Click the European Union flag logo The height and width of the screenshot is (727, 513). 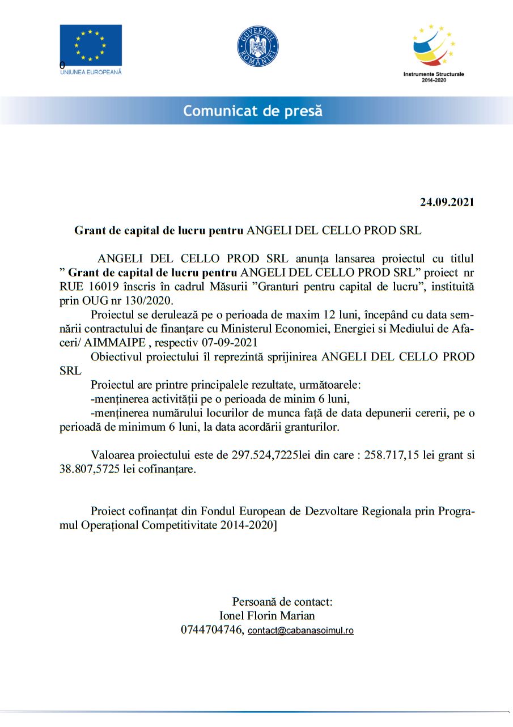click(x=91, y=45)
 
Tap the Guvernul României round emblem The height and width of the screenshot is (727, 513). click(x=257, y=47)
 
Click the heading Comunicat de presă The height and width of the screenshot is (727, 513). click(x=253, y=111)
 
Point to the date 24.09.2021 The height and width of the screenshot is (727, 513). click(x=447, y=202)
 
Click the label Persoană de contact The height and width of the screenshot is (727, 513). click(x=282, y=601)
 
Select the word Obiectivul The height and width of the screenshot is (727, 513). click(x=117, y=357)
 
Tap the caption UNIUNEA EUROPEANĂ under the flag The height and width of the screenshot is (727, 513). click(x=91, y=72)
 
